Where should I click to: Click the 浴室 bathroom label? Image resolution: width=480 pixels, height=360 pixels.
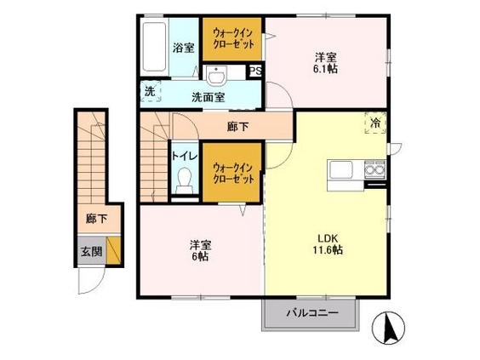tap(183, 48)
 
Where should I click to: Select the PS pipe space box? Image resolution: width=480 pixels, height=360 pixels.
tap(256, 71)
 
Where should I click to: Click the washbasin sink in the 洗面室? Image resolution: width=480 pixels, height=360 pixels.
tap(216, 75)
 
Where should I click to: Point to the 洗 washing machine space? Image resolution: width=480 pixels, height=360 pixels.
tap(151, 91)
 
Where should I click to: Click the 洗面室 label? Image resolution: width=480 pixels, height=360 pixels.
tap(209, 97)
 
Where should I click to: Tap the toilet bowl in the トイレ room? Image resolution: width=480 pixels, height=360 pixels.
tap(185, 180)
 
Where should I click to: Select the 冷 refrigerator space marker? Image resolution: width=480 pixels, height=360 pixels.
tap(375, 123)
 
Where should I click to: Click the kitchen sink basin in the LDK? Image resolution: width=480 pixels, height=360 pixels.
tap(340, 169)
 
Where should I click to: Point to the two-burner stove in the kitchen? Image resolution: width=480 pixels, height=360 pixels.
tap(375, 170)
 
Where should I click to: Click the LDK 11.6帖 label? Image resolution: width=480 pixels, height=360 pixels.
tap(328, 244)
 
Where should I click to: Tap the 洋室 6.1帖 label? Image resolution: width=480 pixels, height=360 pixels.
tap(326, 63)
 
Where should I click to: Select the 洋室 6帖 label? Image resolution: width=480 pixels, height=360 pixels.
tap(200, 251)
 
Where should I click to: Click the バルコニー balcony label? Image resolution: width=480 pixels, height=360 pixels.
tap(312, 313)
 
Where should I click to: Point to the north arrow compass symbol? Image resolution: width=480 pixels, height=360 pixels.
tap(388, 328)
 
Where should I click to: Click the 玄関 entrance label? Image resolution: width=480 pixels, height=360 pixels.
tap(92, 252)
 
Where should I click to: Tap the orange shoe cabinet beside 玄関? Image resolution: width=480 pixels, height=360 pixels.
tap(113, 250)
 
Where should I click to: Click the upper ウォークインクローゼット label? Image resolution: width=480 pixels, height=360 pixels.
tap(233, 38)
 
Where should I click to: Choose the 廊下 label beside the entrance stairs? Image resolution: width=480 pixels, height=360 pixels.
tap(96, 219)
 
